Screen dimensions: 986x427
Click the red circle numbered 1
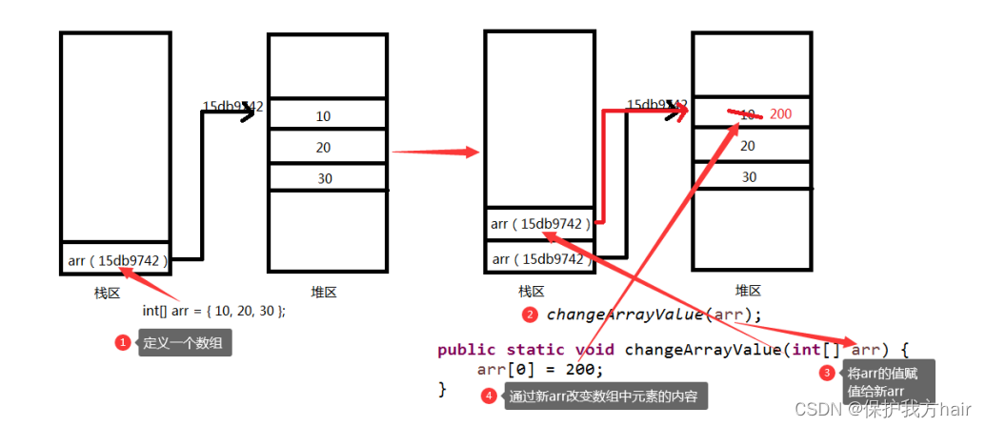tap(122, 342)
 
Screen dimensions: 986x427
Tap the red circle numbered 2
tap(531, 314)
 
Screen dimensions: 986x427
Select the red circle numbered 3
tap(827, 374)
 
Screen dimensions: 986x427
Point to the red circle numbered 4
tap(489, 396)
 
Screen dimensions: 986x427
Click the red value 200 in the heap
tap(781, 114)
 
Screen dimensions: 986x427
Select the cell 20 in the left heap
tap(324, 147)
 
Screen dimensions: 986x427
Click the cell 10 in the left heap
tap(324, 116)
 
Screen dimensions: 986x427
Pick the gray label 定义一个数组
tap(184, 342)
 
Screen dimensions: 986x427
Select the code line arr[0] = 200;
tap(540, 369)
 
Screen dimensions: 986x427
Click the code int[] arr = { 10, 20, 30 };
tap(213, 311)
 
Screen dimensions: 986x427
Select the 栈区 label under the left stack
tap(107, 293)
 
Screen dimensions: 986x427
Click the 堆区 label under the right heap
tap(749, 291)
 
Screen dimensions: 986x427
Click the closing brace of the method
tap(442, 389)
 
